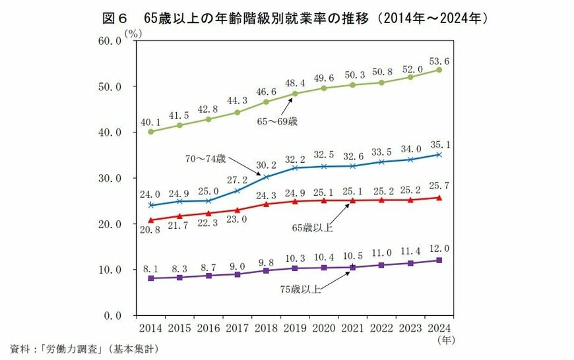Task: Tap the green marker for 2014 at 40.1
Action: (x=151, y=131)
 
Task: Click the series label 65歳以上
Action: (x=313, y=227)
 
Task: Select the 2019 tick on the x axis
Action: (x=295, y=328)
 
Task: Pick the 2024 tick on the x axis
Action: (x=439, y=328)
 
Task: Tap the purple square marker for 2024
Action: (x=439, y=260)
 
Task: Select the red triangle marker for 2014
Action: (x=151, y=220)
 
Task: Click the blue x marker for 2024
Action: (x=439, y=155)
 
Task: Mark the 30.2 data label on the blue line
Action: (x=266, y=165)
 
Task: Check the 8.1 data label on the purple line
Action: (x=151, y=269)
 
